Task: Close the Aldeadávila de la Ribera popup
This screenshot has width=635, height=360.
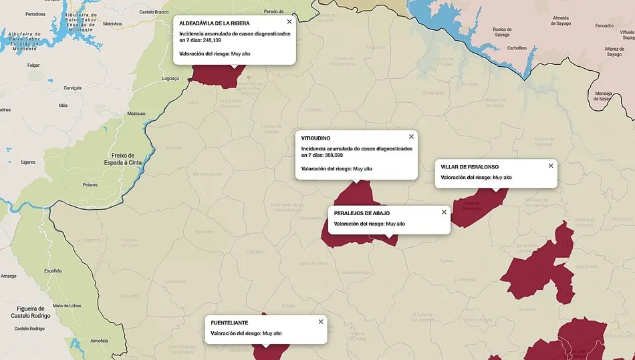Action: point(289,21)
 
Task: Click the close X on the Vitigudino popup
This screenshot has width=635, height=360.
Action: point(411,136)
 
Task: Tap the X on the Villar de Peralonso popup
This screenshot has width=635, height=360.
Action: point(551,166)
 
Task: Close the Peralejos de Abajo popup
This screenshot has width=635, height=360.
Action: point(444,212)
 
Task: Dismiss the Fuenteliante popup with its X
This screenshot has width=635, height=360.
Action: point(321,321)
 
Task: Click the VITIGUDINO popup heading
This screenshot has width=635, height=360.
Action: point(315,138)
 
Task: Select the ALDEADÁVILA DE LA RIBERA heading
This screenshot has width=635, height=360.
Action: point(215,23)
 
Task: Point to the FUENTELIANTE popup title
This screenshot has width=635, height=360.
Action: point(229,323)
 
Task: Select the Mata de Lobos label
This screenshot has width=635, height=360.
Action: point(67,305)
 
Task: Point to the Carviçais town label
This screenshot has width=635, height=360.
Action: point(72,87)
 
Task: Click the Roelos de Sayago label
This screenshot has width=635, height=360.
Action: point(501,32)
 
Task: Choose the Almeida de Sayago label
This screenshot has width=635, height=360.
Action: point(560,21)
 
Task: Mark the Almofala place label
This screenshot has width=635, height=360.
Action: point(98,341)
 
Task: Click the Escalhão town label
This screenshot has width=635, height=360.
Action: point(53,271)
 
